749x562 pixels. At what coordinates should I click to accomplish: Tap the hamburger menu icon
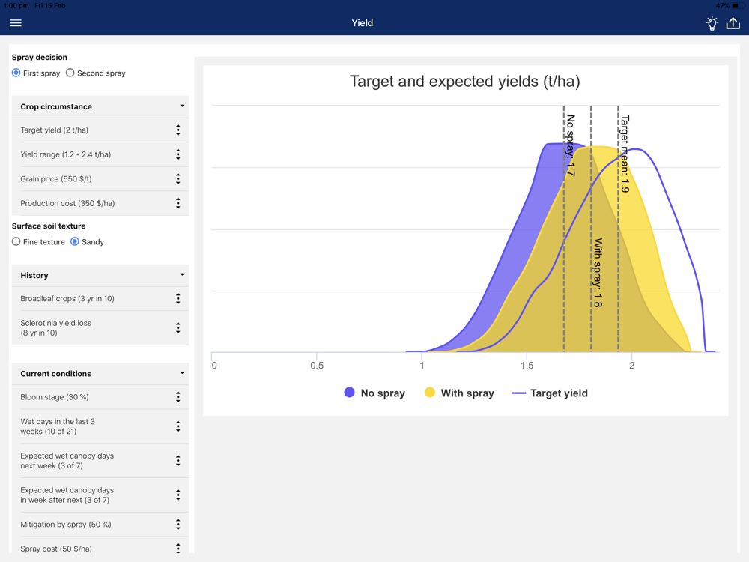[x=15, y=23]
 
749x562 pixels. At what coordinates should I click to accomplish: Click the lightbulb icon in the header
[x=712, y=23]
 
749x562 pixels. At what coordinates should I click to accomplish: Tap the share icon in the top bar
[x=733, y=23]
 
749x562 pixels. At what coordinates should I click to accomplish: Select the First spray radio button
[x=16, y=73]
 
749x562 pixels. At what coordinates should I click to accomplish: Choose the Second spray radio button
[x=70, y=73]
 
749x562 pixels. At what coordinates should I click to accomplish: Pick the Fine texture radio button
[x=16, y=241]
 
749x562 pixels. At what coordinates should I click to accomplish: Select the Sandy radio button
[x=74, y=241]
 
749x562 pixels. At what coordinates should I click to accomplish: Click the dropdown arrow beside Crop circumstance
[x=182, y=106]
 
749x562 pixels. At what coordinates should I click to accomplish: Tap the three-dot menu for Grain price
[x=178, y=179]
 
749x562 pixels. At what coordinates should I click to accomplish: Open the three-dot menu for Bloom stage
[x=178, y=397]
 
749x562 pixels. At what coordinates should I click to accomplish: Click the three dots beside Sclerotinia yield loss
[x=178, y=328]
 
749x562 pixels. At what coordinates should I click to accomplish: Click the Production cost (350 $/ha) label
[x=67, y=203]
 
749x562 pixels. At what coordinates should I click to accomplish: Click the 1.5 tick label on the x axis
[x=527, y=366]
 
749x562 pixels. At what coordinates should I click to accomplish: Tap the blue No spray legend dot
[x=350, y=393]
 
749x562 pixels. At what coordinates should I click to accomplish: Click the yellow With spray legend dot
[x=430, y=393]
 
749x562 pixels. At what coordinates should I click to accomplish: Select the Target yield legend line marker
[x=519, y=393]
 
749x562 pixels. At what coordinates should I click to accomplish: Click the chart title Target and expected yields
[x=465, y=81]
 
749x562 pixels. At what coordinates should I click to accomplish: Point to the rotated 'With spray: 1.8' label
[x=598, y=273]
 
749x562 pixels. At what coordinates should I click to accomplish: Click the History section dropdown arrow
[x=182, y=274]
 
